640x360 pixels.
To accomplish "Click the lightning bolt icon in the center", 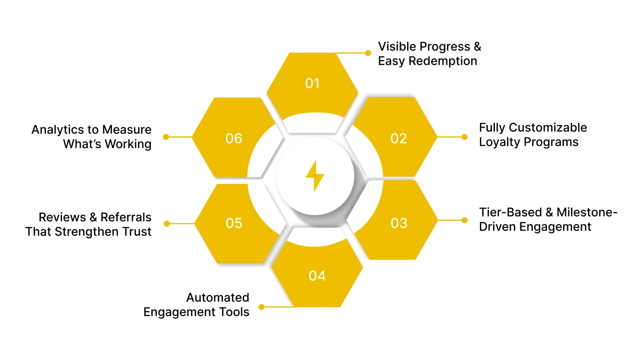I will (x=315, y=176).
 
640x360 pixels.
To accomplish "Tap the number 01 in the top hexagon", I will (x=312, y=83).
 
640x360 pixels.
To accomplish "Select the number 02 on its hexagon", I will (x=398, y=138).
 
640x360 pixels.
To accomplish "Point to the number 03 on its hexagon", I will (x=399, y=223).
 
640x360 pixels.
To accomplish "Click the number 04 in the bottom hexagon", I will (x=317, y=276).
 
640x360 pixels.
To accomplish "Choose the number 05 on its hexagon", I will (x=234, y=223).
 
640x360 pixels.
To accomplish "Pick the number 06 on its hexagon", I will (x=234, y=138).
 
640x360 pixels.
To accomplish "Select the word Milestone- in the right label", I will (x=587, y=212).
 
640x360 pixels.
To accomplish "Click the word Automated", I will (x=218, y=298).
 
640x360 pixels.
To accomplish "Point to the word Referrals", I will (x=126, y=217).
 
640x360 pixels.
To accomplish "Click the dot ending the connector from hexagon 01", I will (x=368, y=53).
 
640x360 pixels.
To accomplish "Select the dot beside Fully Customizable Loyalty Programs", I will (x=464, y=137).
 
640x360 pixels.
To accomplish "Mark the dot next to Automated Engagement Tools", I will (x=261, y=307).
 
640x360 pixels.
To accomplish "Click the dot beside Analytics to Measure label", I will (x=166, y=137).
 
